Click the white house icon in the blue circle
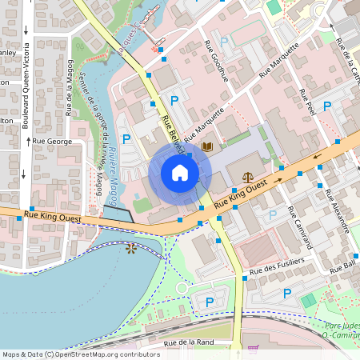click(180, 173)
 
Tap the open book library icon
click(207, 146)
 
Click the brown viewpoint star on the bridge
click(130, 248)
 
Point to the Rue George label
click(52, 140)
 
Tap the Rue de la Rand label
click(190, 343)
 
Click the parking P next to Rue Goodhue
click(224, 41)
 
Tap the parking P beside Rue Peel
click(326, 106)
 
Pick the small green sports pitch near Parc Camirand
click(308, 300)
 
